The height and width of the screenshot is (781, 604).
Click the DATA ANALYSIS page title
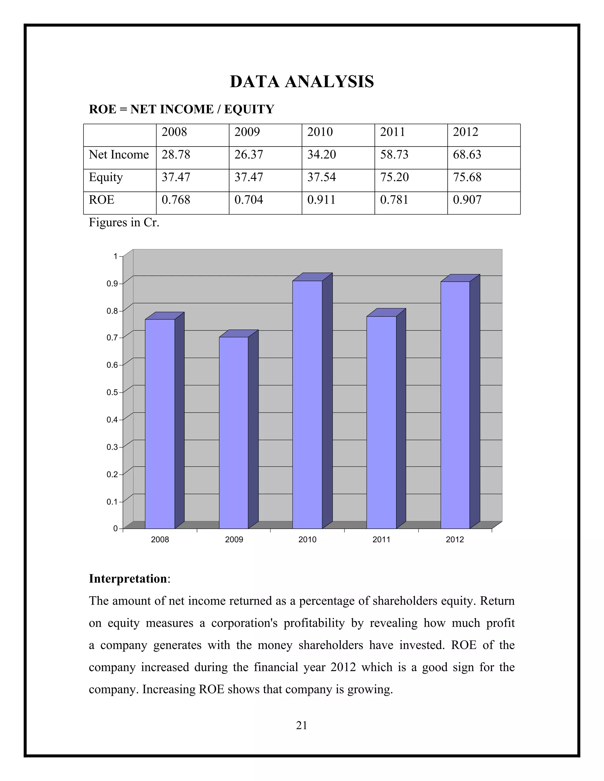coord(302,82)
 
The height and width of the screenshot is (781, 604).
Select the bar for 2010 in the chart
coord(307,404)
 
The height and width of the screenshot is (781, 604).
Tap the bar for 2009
coord(234,433)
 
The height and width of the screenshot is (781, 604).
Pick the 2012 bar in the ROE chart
coord(455,404)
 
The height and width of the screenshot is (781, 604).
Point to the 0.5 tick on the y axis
coord(112,392)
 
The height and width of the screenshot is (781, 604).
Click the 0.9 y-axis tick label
coord(112,284)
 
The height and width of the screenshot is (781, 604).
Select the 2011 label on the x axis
coord(381,540)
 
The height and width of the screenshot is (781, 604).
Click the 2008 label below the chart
coord(160,540)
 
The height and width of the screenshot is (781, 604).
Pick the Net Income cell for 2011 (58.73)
coord(394,154)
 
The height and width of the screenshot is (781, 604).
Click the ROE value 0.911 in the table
coord(321,200)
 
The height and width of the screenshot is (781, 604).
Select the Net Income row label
coord(119,154)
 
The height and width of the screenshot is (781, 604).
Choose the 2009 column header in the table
coord(247,132)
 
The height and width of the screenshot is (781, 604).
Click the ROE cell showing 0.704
coord(249,200)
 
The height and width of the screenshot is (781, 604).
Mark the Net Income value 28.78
coord(176,154)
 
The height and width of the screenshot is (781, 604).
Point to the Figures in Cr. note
coord(124,223)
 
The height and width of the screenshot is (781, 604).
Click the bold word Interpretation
coord(128,579)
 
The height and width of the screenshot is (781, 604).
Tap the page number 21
coord(302,725)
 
